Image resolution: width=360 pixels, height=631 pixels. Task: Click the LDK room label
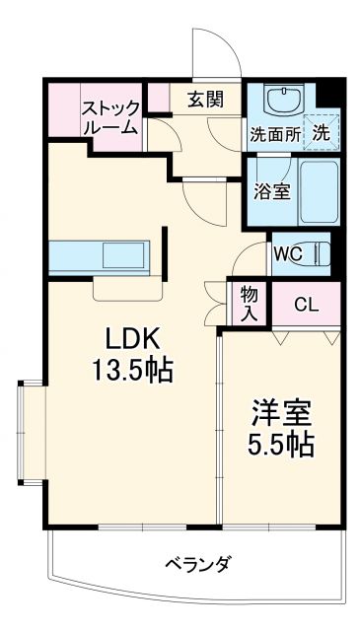coord(132,339)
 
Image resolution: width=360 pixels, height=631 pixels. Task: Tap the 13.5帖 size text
coord(132,371)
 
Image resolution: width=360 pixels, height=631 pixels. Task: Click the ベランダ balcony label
coord(196,564)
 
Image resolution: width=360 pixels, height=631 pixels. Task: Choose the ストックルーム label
coord(109,117)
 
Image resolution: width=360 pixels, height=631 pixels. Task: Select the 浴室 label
coord(270,190)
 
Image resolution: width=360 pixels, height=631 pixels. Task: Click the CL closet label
coord(307,305)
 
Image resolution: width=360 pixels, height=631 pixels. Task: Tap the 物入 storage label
coord(249,304)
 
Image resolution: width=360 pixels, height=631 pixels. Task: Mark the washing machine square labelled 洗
coord(323,129)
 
